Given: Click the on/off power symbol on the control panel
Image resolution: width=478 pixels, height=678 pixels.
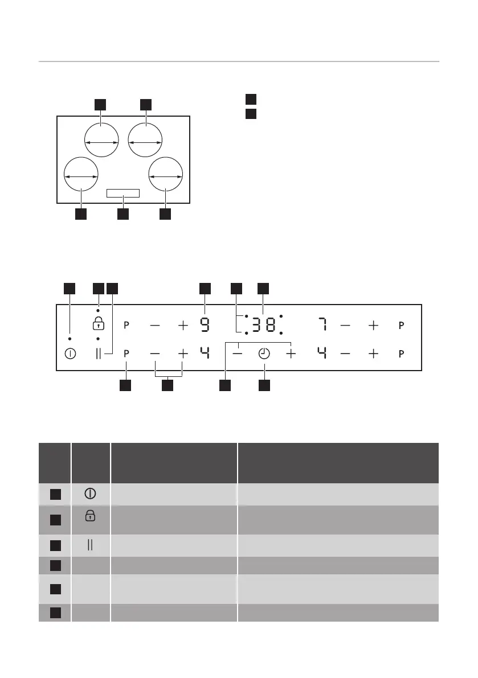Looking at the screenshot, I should pos(70,354).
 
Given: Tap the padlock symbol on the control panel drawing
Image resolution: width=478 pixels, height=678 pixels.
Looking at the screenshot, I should pos(99,324).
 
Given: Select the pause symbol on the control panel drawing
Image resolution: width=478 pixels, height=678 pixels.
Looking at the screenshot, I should pos(99,354).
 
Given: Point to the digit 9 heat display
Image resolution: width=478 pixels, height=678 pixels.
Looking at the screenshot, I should pos(205,325).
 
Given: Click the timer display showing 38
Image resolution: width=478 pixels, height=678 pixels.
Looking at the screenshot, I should pos(263,325).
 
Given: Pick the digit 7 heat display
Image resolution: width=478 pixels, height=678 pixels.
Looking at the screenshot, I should pos(322,325).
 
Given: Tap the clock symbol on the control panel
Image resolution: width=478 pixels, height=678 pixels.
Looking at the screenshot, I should pos(264,354).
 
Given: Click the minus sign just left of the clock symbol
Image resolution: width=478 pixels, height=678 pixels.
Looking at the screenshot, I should pos(237,354).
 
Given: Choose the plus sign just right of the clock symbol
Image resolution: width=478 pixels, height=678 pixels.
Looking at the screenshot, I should pos(291,354).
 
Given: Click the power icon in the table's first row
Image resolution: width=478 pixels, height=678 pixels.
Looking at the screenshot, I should pos(91,494).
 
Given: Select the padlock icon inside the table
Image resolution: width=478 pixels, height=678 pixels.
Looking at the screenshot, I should pos(91,516).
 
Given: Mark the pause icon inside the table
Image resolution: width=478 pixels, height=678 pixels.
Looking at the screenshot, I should pos(91,545).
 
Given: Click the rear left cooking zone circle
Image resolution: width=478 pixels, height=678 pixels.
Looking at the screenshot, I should pos(101,139).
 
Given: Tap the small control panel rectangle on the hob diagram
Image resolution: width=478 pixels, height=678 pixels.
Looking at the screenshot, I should pos(123,194).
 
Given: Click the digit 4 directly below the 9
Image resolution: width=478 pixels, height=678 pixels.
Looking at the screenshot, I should pos(205,354).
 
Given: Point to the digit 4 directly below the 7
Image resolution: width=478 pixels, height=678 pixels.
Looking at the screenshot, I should pos(322,354).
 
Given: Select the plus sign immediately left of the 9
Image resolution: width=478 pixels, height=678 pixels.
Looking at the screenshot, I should pos(182,325).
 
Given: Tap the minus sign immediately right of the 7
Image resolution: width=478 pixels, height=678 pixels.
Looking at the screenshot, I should pos(346,325).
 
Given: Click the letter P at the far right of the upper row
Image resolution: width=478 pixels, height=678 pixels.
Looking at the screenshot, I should pos(401,325).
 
